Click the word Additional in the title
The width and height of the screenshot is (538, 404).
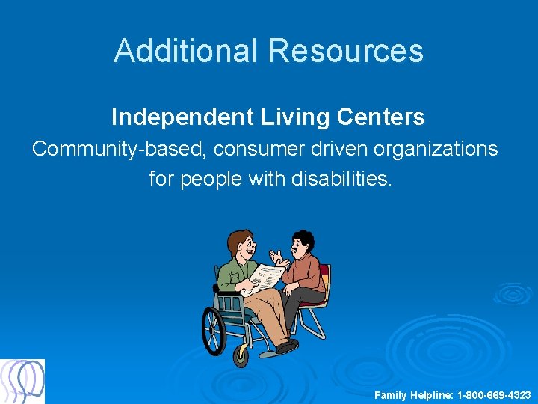[187, 51]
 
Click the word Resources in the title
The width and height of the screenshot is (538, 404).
[346, 51]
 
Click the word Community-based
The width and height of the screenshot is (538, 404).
[120, 149]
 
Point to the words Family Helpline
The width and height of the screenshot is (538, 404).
[410, 394]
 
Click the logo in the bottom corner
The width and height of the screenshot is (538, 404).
[22, 382]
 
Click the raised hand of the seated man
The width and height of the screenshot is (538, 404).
[278, 257]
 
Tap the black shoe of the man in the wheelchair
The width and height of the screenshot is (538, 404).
[286, 346]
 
